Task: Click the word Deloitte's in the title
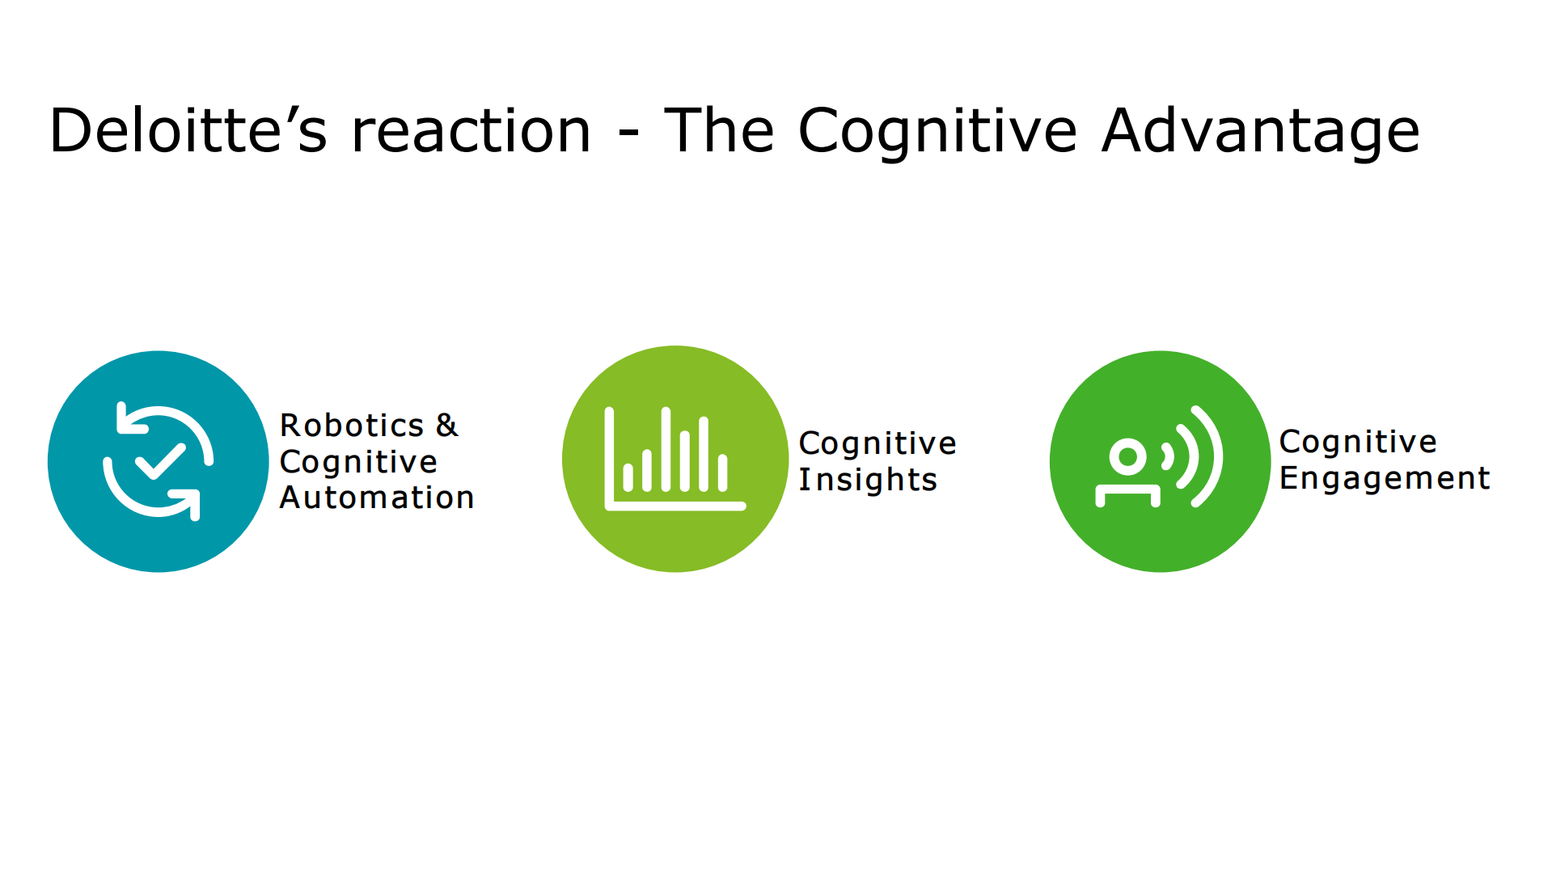click(x=188, y=131)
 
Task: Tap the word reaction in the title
click(x=472, y=131)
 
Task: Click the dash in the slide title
click(x=628, y=134)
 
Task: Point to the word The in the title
click(x=719, y=131)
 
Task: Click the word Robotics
click(x=352, y=426)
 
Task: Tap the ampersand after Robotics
click(x=446, y=426)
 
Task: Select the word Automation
click(x=377, y=498)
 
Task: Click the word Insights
click(x=868, y=480)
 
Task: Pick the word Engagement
click(x=1385, y=478)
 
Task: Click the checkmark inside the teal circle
click(x=160, y=462)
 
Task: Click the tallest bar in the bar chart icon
click(x=666, y=450)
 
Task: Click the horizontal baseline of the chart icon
click(x=676, y=506)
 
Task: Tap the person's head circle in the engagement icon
click(x=1128, y=457)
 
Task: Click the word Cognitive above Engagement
click(x=1358, y=442)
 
